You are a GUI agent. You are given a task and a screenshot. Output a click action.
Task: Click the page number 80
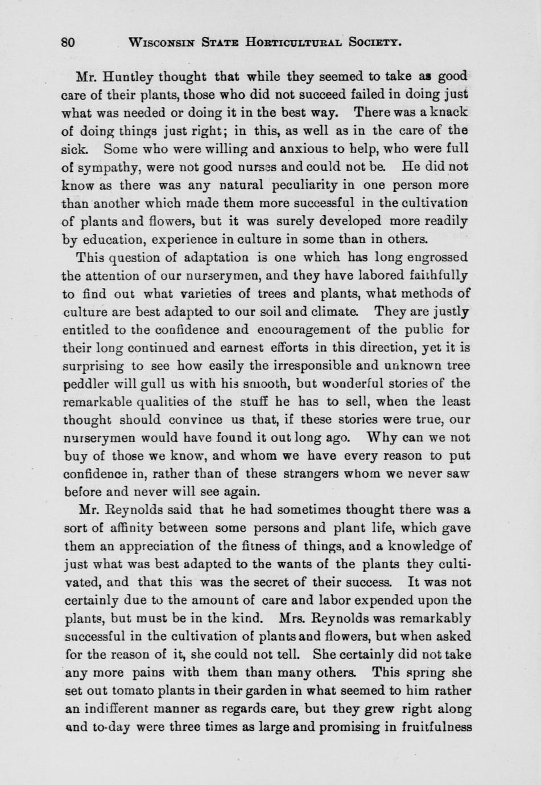68,42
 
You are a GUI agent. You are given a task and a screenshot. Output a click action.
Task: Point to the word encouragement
320,329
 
